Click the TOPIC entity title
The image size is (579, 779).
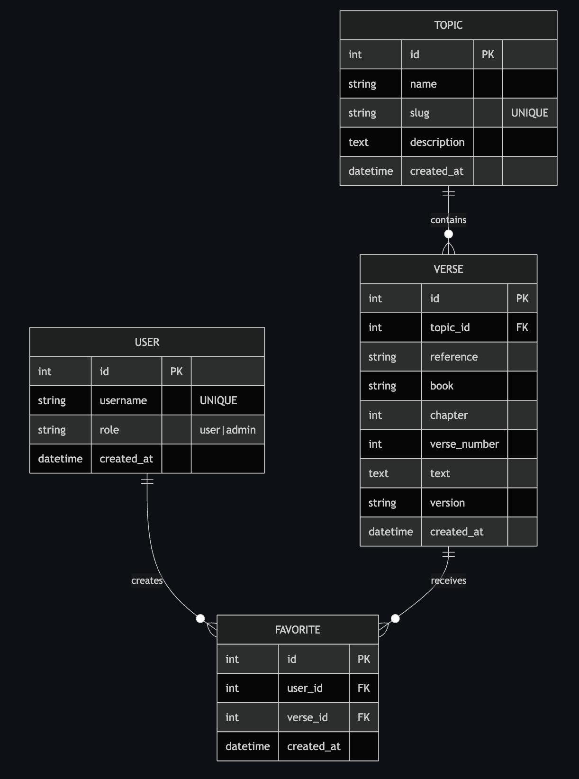pyautogui.click(x=448, y=25)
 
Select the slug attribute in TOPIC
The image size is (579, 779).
pyautogui.click(x=419, y=113)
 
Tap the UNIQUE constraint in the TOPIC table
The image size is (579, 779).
pyautogui.click(x=529, y=113)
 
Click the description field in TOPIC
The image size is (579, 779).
pyautogui.click(x=437, y=142)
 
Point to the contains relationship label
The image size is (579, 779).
pyautogui.click(x=448, y=220)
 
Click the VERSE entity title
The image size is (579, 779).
pyautogui.click(x=448, y=269)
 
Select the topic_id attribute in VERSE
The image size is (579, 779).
pyautogui.click(x=450, y=327)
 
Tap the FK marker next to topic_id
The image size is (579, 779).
pyautogui.click(x=522, y=327)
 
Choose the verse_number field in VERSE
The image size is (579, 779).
pyautogui.click(x=464, y=444)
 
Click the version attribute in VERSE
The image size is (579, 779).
pyautogui.click(x=447, y=503)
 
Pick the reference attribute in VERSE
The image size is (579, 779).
pyautogui.click(x=453, y=357)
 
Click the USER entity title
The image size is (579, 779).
pyautogui.click(x=147, y=342)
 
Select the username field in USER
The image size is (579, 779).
pyautogui.click(x=123, y=400)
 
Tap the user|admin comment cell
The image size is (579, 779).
pyautogui.click(x=227, y=430)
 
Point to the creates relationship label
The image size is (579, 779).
pyautogui.click(x=147, y=580)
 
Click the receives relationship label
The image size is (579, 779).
pyautogui.click(x=448, y=580)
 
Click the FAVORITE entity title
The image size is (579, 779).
pyautogui.click(x=298, y=630)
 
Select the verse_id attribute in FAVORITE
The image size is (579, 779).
pyautogui.click(x=307, y=717)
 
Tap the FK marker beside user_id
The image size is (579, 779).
pyautogui.click(x=363, y=688)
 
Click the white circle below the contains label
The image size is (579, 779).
pyautogui.click(x=448, y=234)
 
